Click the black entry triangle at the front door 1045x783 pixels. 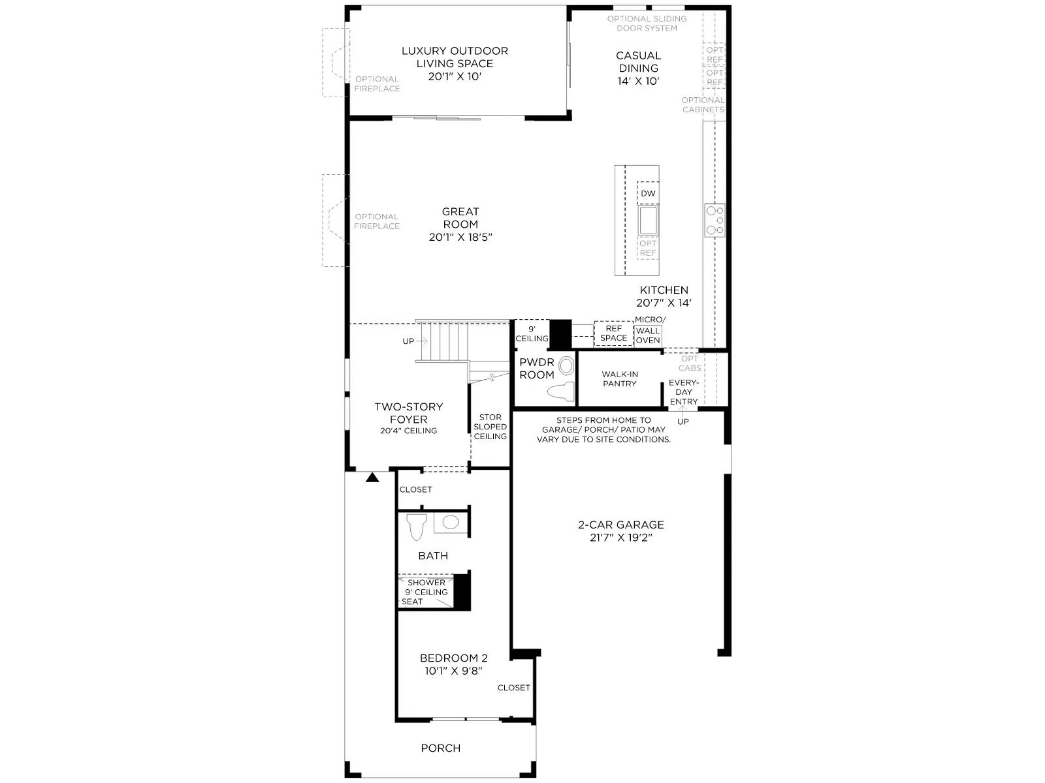pos(372,478)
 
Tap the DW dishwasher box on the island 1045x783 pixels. pos(647,193)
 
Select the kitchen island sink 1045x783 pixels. pos(648,221)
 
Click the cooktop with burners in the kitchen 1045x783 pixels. pos(715,220)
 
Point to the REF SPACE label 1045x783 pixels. pos(613,333)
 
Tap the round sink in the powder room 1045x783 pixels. pos(566,366)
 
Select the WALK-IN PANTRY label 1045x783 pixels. pos(619,379)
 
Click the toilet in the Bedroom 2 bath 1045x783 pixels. pos(417,527)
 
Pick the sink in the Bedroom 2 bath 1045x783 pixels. pos(451,523)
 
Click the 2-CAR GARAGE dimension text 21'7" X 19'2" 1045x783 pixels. pos(621,538)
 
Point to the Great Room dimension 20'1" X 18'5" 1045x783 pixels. pos(460,237)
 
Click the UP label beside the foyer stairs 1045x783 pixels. pos(408,341)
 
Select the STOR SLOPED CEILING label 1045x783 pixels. pos(490,427)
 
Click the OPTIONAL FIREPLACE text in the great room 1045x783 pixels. pos(377,221)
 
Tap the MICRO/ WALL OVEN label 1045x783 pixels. pos(649,330)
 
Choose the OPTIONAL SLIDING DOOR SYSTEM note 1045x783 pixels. pos(647,23)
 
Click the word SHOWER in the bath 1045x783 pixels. pos(426,583)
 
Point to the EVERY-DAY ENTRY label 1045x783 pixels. pos(683,391)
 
